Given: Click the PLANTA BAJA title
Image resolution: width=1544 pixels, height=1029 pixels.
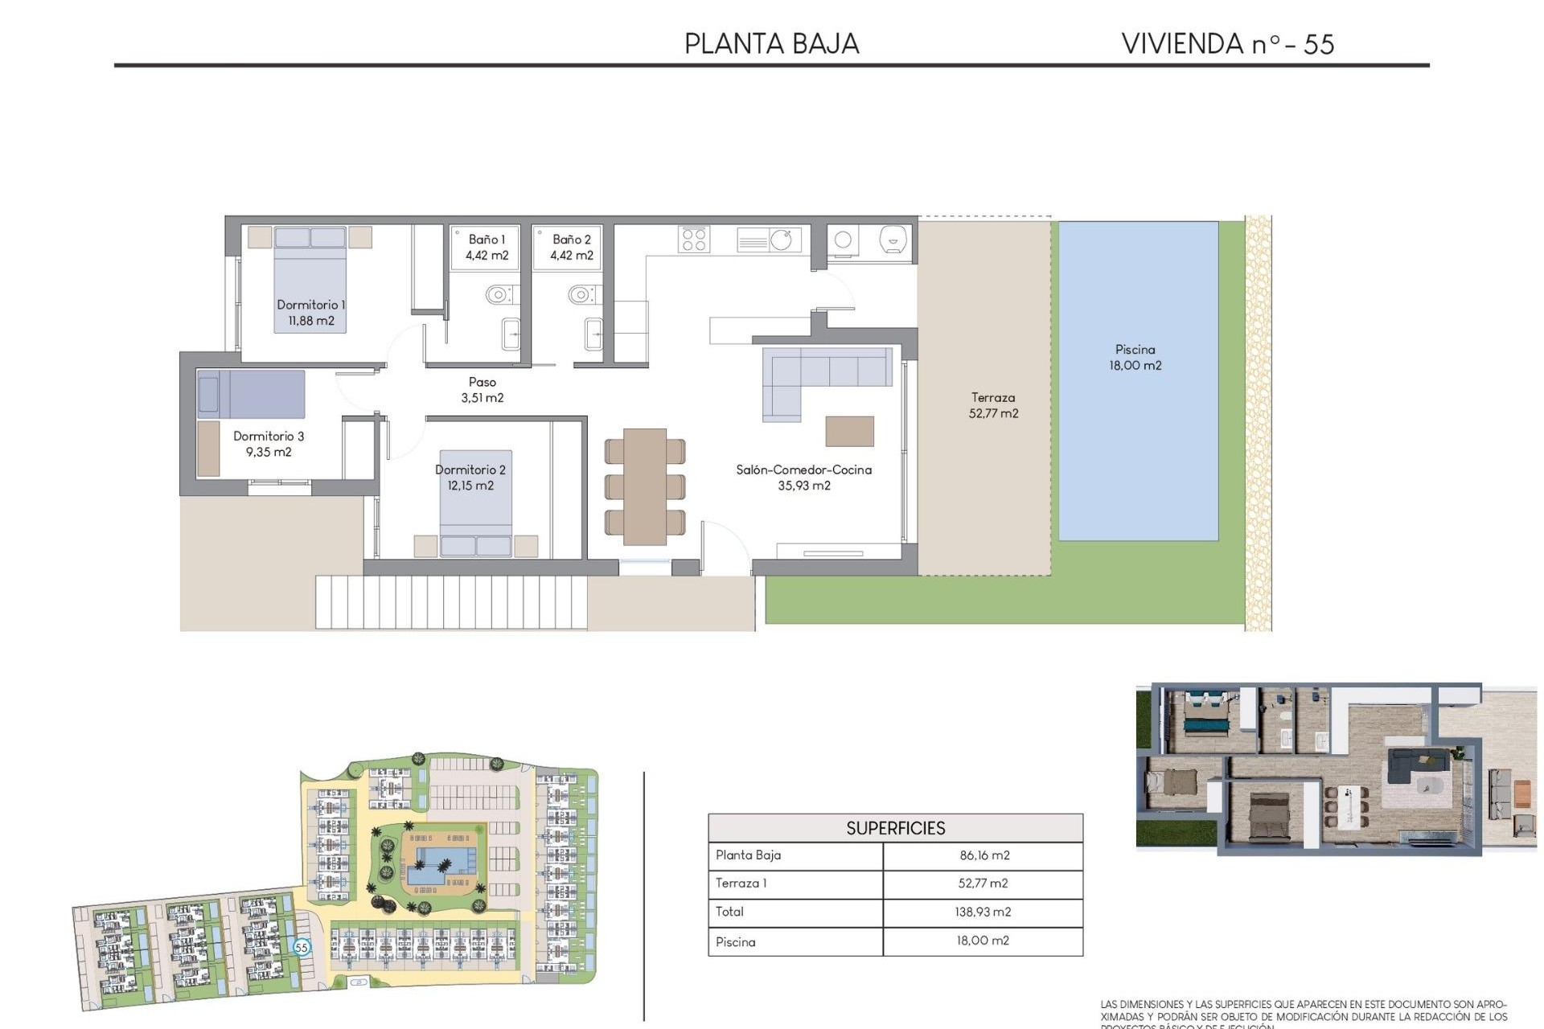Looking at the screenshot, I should coord(771,43).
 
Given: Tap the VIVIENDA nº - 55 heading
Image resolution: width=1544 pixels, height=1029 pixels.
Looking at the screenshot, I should coord(1227,43).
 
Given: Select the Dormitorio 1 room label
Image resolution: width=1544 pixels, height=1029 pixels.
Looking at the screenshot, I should coord(310,313).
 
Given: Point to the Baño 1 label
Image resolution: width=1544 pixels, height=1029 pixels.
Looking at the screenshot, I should coord(487,248).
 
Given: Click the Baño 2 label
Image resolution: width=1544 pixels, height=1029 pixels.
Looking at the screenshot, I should coord(571,248).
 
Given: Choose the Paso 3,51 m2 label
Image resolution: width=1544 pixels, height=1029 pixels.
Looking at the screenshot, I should coord(482,390).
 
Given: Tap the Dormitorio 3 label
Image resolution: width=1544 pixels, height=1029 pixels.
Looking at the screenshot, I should coord(269,444).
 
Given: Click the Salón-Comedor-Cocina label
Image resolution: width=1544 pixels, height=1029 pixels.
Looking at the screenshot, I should coord(803,478).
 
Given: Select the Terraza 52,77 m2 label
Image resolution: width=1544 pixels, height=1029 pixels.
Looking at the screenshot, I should coord(993,405).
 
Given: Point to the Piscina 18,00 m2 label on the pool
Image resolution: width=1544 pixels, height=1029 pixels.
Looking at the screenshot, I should coord(1135,357).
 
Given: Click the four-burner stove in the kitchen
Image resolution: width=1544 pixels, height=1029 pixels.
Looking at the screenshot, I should coord(694,239).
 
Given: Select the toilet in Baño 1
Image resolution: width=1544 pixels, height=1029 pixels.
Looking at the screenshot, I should coord(499,294).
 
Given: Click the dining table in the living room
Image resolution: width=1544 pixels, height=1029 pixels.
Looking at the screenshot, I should coord(645,486).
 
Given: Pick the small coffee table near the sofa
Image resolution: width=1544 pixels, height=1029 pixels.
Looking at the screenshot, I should coord(849,431).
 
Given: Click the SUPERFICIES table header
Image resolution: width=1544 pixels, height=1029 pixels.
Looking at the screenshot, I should coord(895,828).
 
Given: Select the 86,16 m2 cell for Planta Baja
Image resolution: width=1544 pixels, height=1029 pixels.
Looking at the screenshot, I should coord(983,855).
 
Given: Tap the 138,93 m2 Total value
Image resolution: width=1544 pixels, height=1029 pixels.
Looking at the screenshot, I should coord(983,912).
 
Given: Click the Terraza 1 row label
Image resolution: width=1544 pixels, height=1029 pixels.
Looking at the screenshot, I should coord(741,883).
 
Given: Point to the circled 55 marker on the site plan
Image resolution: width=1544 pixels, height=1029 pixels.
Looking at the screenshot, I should coord(302,947).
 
